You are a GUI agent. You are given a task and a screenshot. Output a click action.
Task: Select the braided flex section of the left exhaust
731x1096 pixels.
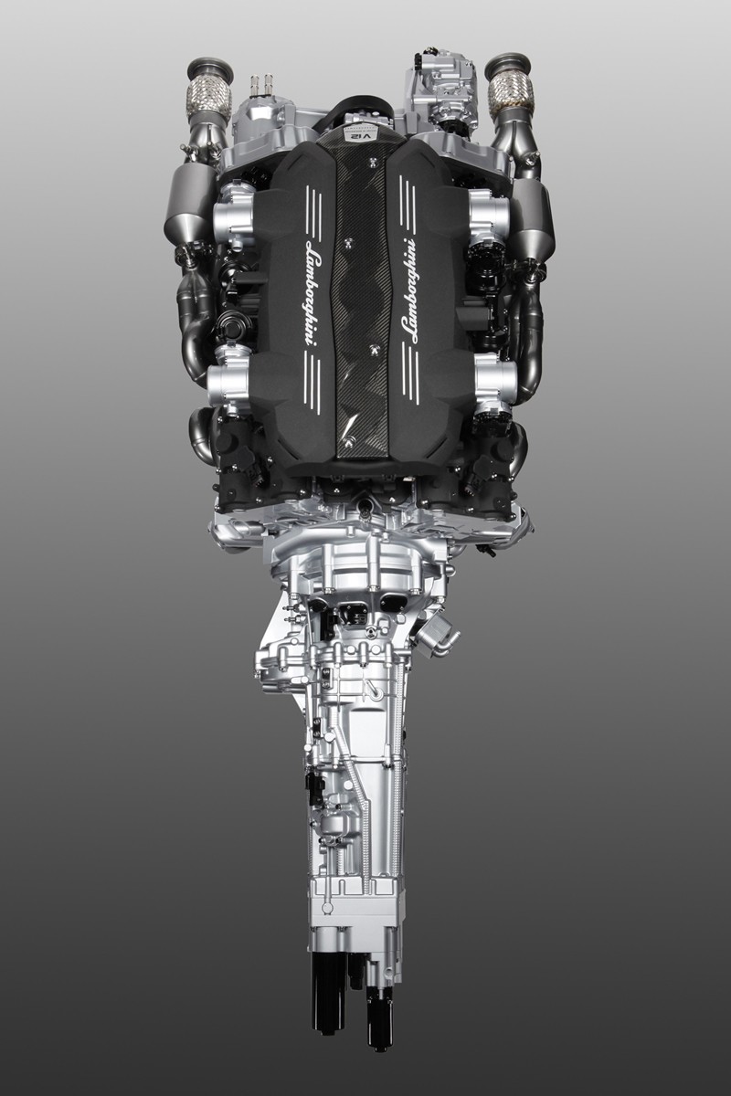pyautogui.click(x=208, y=100)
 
